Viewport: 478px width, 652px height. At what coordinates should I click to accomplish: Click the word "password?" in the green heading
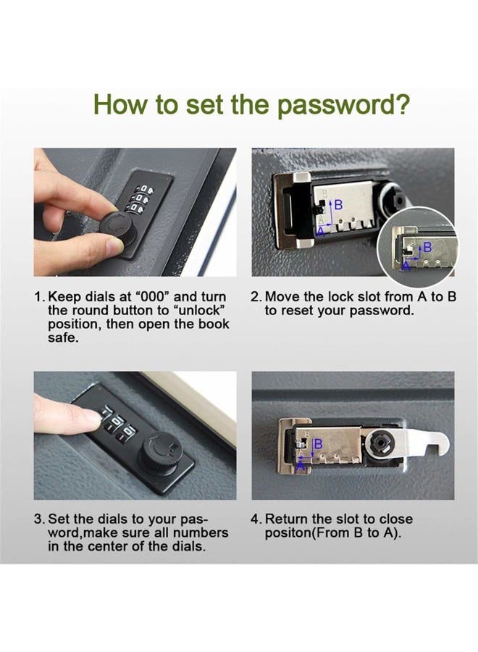[x=343, y=106]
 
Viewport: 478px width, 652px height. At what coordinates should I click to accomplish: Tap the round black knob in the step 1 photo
[x=117, y=229]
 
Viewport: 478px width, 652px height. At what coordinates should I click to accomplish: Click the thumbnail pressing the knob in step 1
[x=111, y=246]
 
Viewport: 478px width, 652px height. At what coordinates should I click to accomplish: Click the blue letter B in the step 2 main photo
[x=339, y=204]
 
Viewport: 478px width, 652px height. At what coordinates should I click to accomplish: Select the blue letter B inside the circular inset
[x=427, y=248]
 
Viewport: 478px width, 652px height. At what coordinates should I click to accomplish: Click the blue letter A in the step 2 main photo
[x=321, y=231]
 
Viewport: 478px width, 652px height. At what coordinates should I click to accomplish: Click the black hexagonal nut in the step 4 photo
[x=379, y=446]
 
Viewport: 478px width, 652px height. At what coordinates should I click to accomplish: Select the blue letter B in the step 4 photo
[x=319, y=444]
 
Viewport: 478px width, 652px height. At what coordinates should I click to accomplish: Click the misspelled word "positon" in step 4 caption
[x=288, y=533]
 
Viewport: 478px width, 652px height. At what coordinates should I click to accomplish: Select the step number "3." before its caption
[x=40, y=519]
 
